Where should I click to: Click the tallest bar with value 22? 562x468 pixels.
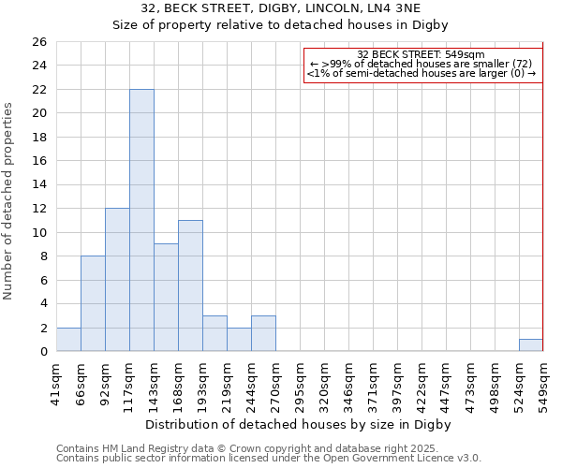141,220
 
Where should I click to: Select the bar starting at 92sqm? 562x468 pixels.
117,280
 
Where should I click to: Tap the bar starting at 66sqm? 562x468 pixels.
93,303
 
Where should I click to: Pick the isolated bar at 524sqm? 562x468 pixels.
531,345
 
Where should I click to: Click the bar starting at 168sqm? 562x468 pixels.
190,285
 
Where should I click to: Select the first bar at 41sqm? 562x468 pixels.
68,340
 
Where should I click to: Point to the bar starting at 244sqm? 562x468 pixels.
263,334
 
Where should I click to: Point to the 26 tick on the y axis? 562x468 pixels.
38,42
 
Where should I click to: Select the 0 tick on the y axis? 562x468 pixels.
42,352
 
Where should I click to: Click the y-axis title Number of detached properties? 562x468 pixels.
9,201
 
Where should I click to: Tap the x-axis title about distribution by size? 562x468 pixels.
300,424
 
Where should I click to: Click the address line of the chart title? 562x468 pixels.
281,8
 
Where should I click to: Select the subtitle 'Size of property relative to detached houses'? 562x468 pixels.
281,25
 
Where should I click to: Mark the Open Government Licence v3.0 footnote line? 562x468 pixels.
269,459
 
